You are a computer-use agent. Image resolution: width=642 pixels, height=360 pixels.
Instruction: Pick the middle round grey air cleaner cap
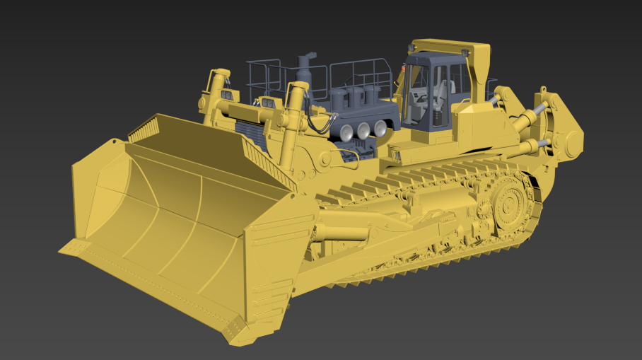363,130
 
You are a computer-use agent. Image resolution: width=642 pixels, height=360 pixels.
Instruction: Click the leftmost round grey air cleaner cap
346,132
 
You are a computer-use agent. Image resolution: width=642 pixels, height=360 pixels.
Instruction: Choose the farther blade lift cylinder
215,92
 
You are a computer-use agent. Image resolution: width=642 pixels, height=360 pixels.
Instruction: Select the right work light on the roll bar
465,52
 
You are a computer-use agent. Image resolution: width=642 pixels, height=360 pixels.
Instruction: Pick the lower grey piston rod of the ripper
542,142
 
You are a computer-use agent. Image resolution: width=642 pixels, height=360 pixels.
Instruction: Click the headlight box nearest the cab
269,103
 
